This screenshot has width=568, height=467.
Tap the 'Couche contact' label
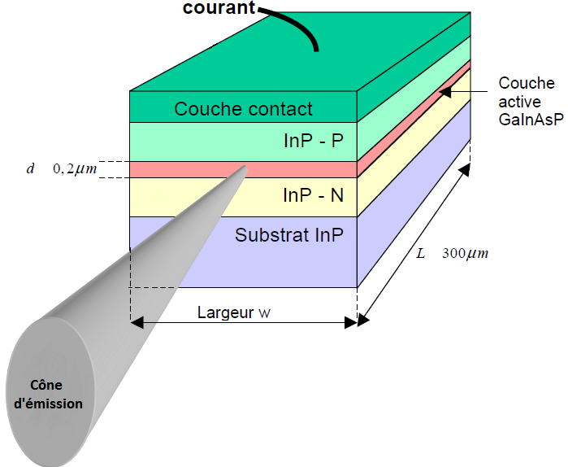243,109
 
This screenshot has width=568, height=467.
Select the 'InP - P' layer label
314,142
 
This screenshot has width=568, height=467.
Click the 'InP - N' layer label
314,196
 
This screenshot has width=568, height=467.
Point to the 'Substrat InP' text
289,236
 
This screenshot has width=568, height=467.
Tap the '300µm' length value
465,253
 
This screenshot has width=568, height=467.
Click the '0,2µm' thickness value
76,168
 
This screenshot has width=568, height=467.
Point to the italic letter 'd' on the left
30,168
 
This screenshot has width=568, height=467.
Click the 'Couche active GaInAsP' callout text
526,100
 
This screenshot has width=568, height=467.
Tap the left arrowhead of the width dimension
137,322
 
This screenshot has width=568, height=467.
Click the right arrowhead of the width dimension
350,322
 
